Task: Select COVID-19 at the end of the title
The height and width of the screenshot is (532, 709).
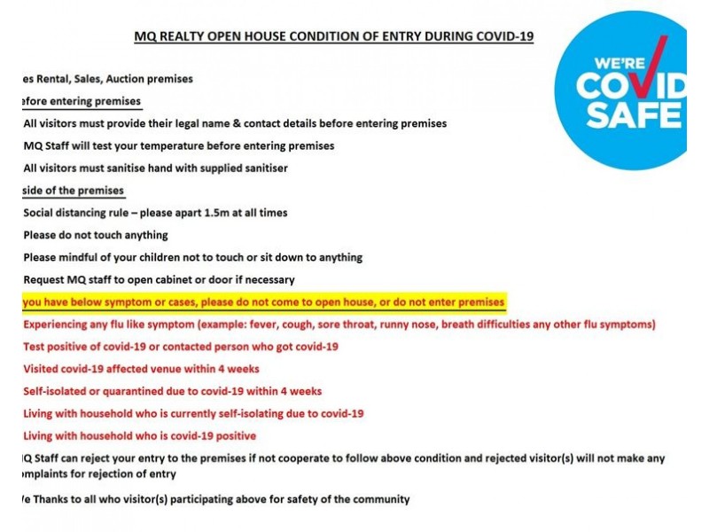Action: pos(503,36)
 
